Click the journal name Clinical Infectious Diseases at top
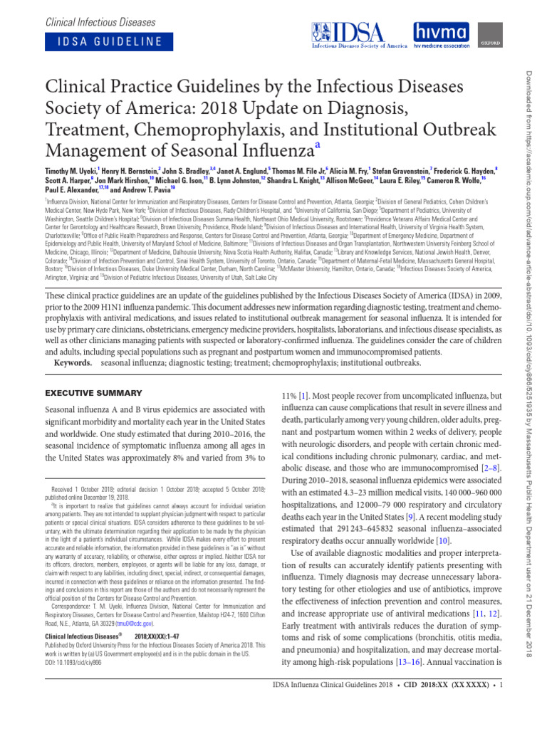[x=99, y=17]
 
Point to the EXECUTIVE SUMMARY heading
[x=93, y=393]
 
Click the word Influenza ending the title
[x=273, y=150]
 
